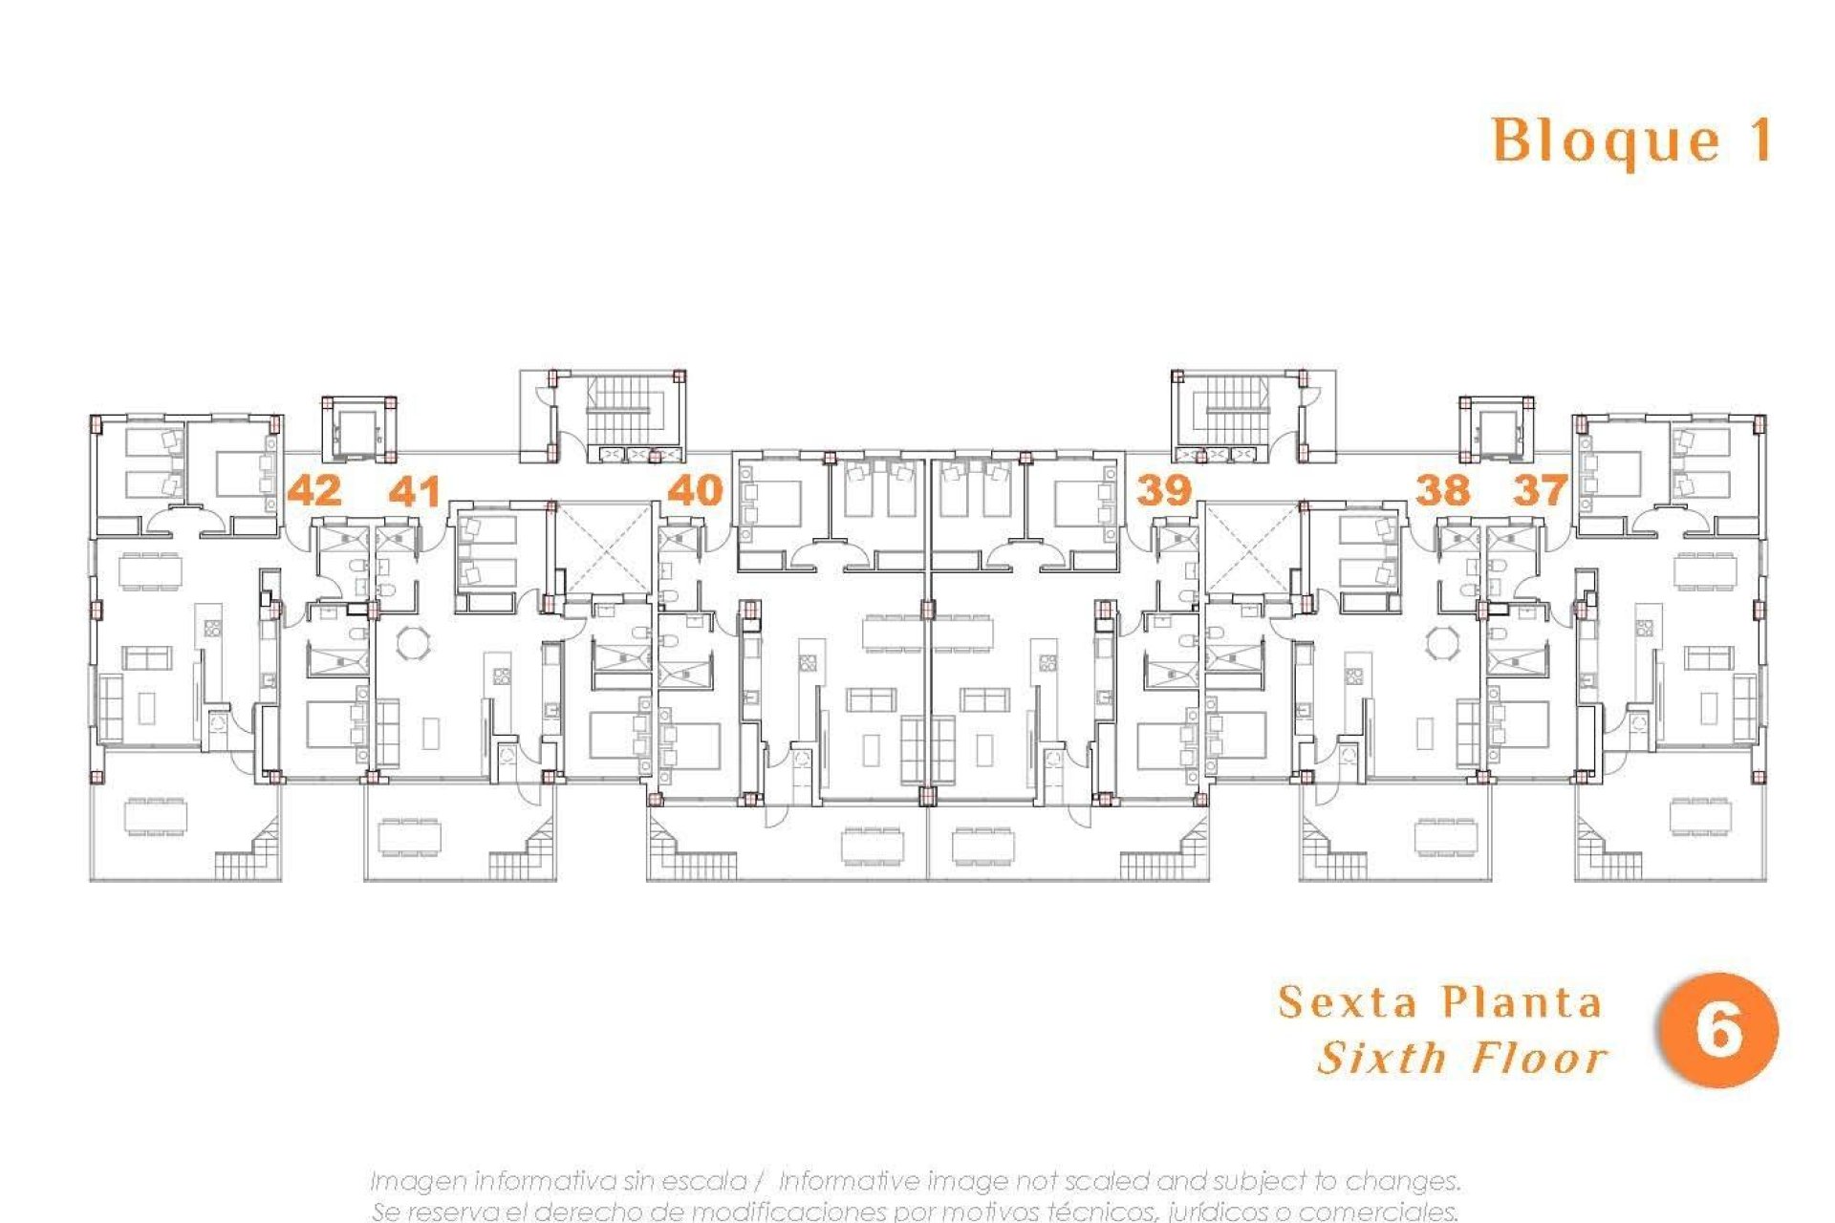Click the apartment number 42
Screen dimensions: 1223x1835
314,491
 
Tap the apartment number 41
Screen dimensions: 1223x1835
415,492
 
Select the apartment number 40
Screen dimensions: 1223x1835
695,490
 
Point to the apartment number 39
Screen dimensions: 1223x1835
1163,490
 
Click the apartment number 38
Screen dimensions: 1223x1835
1442,490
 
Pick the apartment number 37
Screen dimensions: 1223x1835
1540,490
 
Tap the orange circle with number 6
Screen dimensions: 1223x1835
1717,1030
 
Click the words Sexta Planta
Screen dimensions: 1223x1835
1439,1002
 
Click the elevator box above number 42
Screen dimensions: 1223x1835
359,429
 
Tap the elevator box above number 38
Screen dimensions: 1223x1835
1496,429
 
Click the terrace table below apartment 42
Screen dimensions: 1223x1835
156,817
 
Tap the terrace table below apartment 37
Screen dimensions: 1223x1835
1700,817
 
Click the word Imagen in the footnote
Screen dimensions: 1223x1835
418,1181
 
